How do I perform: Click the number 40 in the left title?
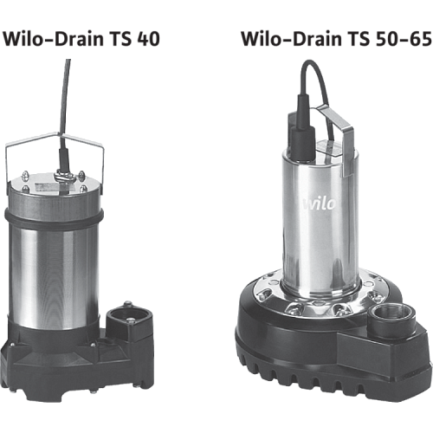pyautogui.click(x=148, y=39)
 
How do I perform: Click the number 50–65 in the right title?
pyautogui.click(x=404, y=39)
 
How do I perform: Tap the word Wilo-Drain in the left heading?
pyautogui.click(x=53, y=39)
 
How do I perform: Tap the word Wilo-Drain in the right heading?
pyautogui.click(x=291, y=39)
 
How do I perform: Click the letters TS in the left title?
pyautogui.click(x=120, y=39)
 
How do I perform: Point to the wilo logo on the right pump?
pyautogui.click(x=319, y=203)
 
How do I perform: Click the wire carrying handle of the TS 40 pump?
pyautogui.click(x=55, y=138)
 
